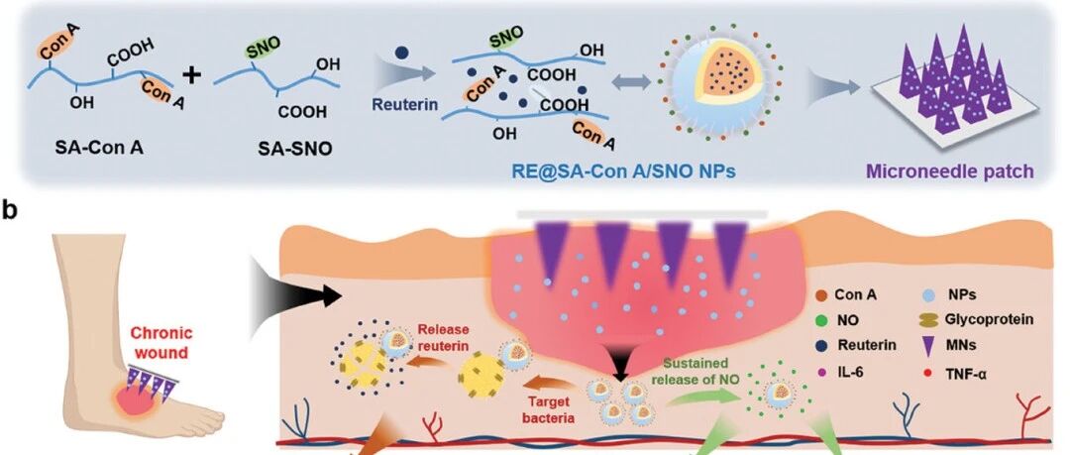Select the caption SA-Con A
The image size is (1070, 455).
click(100, 146)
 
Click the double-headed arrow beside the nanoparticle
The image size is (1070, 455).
click(630, 82)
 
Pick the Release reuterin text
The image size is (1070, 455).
click(444, 337)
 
